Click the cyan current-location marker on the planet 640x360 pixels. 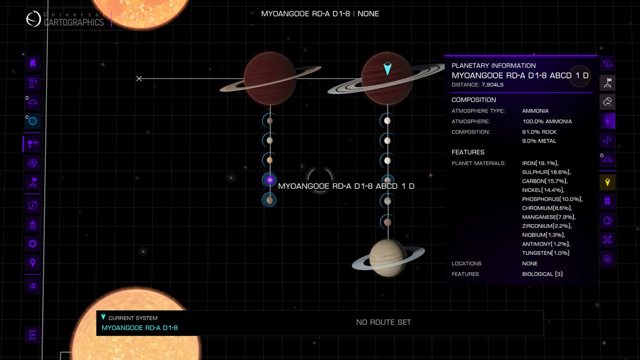click(x=387, y=69)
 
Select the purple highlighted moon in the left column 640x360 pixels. click(x=270, y=180)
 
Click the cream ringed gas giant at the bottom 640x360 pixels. click(x=387, y=257)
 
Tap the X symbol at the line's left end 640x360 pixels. click(x=139, y=78)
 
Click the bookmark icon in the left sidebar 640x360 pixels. click(x=32, y=63)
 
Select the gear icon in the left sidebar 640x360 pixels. click(x=32, y=244)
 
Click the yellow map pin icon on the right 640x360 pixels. click(x=607, y=182)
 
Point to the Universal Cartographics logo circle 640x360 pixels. click(x=33, y=19)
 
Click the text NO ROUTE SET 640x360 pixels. click(x=383, y=322)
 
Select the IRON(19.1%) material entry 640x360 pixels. click(x=540, y=163)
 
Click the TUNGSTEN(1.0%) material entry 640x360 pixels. click(x=545, y=253)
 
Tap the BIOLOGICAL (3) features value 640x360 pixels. click(x=542, y=274)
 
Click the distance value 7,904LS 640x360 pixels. click(x=492, y=85)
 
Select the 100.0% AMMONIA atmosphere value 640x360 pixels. click(x=547, y=121)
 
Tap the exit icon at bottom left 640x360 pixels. click(x=32, y=335)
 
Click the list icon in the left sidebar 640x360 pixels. click(x=32, y=286)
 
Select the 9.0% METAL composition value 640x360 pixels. click(x=539, y=141)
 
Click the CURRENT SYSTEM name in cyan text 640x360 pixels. click(x=139, y=328)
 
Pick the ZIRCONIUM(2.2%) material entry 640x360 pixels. click(x=546, y=226)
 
